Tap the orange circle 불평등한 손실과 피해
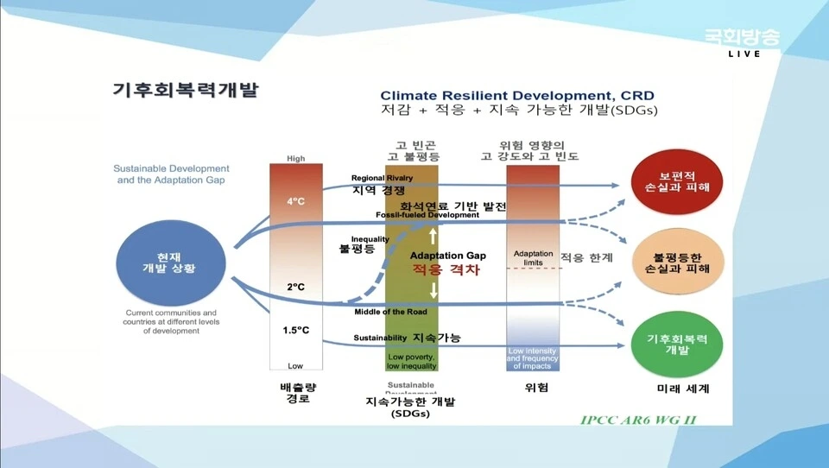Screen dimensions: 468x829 point(678,262)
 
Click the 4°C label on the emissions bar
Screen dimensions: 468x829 point(296,201)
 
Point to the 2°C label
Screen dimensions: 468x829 point(296,287)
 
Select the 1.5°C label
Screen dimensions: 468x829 point(296,330)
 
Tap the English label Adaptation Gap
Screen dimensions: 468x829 point(448,256)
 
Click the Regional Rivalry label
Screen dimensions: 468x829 point(382,178)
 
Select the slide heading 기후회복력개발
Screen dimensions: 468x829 point(186,90)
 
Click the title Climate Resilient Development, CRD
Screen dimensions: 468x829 point(517,95)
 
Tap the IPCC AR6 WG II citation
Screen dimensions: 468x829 point(638,420)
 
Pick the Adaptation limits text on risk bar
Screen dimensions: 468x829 point(533,257)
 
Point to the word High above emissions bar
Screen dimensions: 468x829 point(296,158)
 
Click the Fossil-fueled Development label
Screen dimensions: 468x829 point(427,215)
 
